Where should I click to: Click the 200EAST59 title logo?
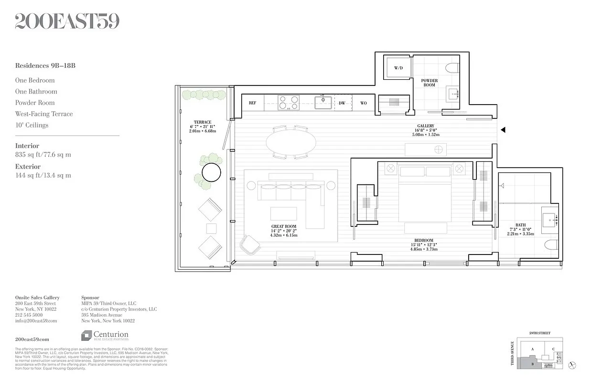(67, 21)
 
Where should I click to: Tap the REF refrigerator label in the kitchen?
(253, 103)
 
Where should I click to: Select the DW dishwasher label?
(342, 103)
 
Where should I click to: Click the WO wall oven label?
(364, 103)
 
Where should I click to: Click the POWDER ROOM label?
(429, 83)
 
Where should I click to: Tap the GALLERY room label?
(425, 126)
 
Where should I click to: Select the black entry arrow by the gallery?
(502, 129)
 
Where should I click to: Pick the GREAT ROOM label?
(284, 226)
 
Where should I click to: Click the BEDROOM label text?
(424, 240)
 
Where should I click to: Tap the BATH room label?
(520, 225)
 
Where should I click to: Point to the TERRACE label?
(203, 122)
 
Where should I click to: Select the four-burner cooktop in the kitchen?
(289, 103)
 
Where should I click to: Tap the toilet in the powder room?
(452, 68)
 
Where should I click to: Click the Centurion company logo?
(105, 336)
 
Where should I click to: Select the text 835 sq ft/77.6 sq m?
(43, 155)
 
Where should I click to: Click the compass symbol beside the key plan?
(573, 365)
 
